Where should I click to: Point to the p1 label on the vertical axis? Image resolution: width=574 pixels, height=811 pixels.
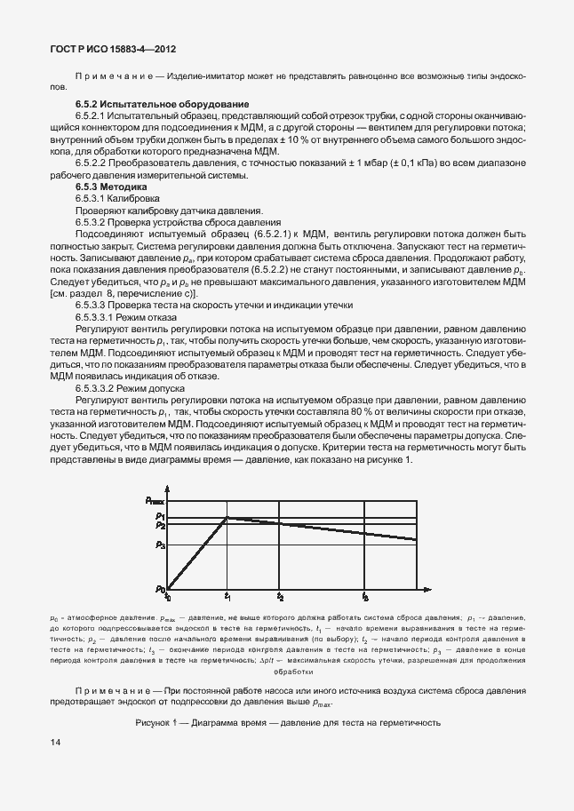(x=160, y=516)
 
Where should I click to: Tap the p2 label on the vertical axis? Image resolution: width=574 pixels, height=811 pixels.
(x=160, y=526)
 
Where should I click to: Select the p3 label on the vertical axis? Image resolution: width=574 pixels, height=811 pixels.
(x=160, y=545)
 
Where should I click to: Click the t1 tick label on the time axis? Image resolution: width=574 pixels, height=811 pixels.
(x=228, y=596)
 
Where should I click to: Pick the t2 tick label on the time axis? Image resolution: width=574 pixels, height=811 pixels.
(x=280, y=596)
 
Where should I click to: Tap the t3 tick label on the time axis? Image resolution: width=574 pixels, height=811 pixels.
(x=365, y=596)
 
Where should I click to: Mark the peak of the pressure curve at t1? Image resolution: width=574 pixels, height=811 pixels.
(x=228, y=517)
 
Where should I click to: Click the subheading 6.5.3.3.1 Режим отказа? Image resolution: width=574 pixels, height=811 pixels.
(x=126, y=316)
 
